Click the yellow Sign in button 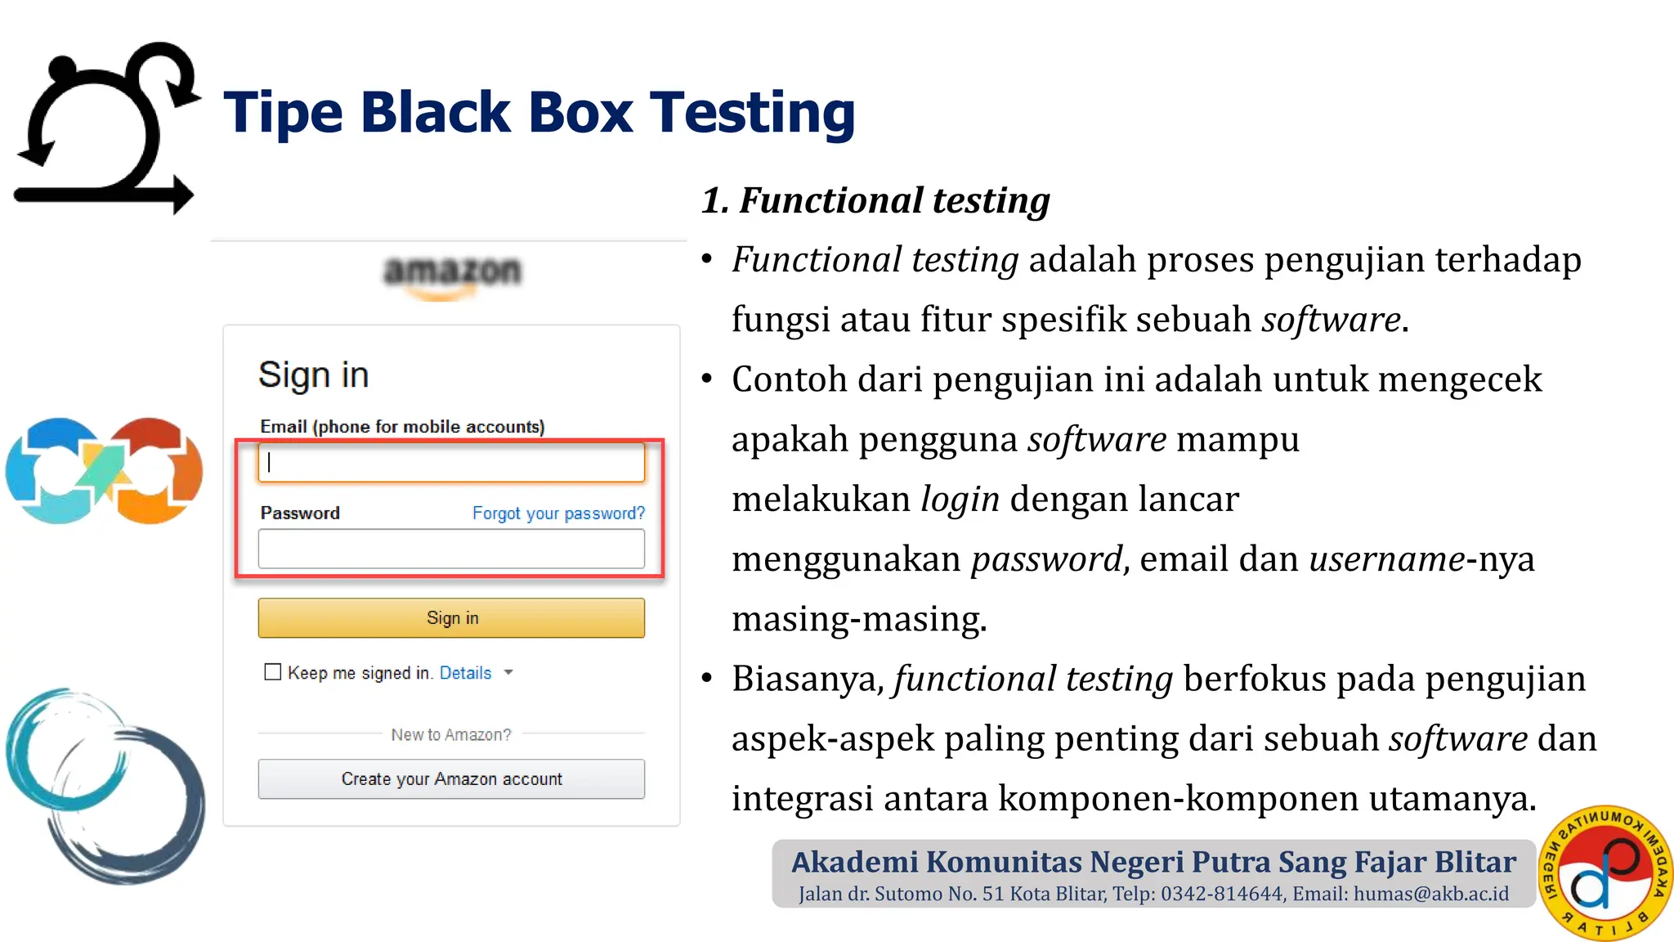tap(451, 618)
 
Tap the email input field tap(451, 463)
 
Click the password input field tap(451, 549)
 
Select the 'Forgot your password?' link tap(558, 514)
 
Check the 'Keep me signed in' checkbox tap(273, 672)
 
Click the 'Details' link tap(465, 673)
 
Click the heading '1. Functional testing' tap(875, 200)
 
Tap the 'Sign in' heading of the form tap(314, 375)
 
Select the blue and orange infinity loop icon tap(104, 471)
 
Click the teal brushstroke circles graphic tap(105, 785)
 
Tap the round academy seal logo tap(1605, 872)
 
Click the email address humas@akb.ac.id tap(1430, 894)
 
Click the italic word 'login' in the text tap(960, 499)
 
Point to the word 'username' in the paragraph tap(1387, 559)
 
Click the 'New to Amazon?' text tap(451, 734)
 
